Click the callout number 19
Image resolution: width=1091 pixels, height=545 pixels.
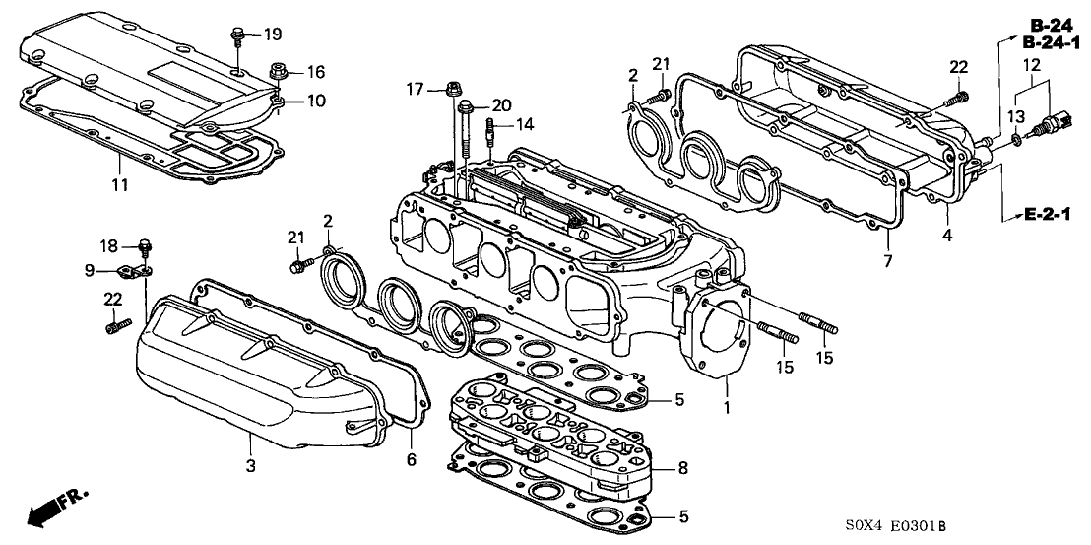coord(272,34)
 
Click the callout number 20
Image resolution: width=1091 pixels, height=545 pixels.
coord(501,104)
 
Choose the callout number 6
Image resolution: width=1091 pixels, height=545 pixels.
coord(413,458)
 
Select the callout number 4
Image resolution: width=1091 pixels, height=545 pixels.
coord(946,237)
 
